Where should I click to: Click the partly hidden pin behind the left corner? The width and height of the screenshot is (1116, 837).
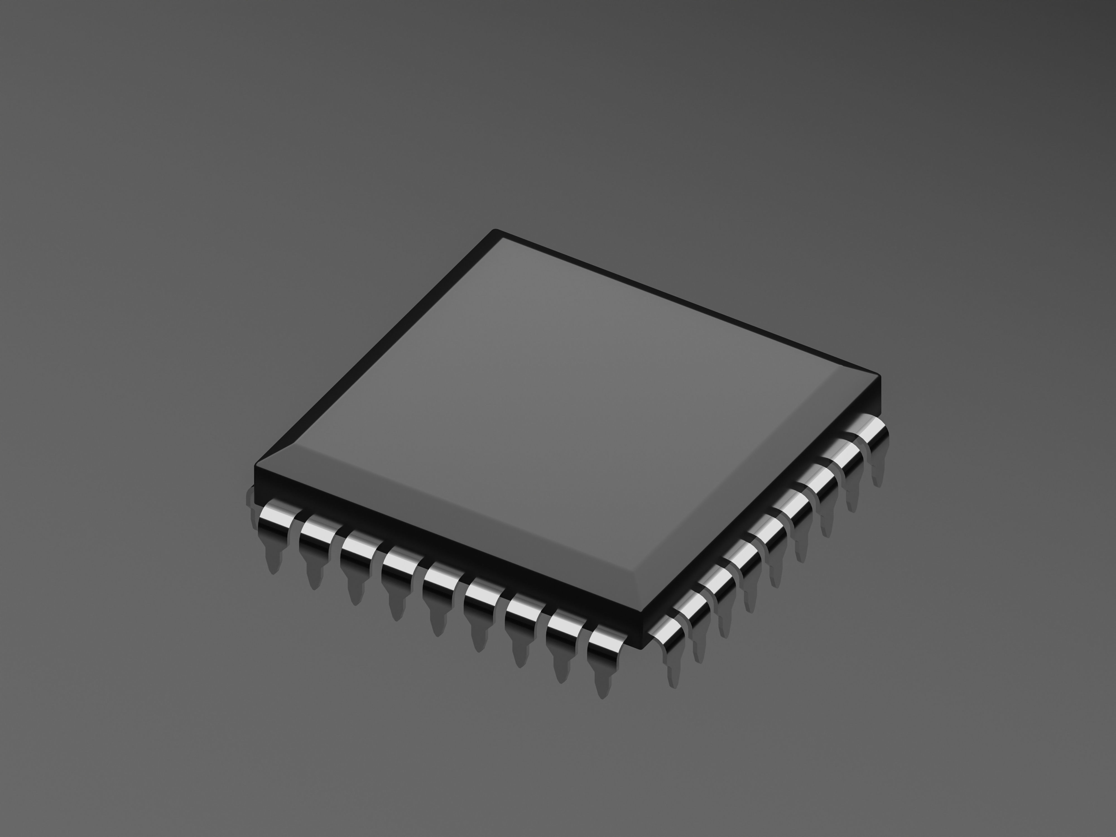251,497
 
